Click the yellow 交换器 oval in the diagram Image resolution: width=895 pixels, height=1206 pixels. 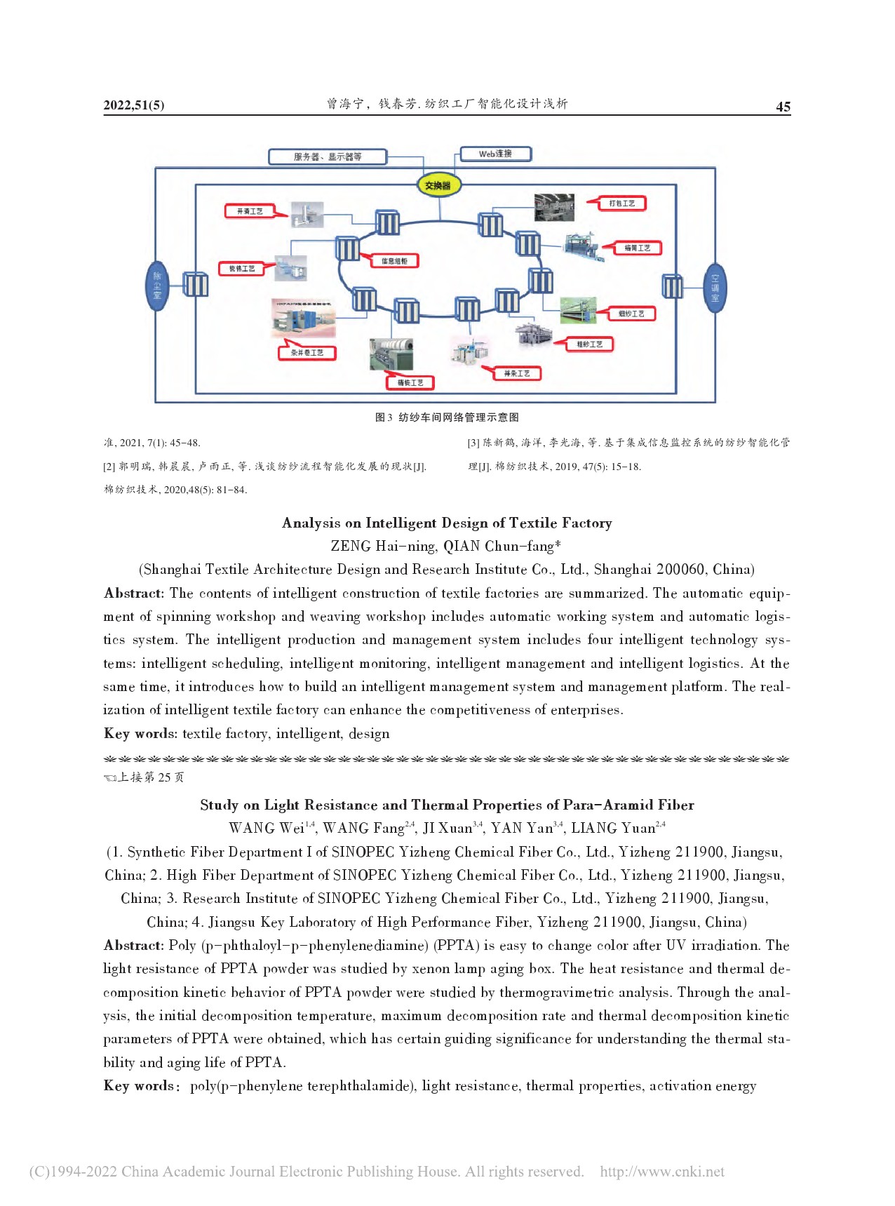pyautogui.click(x=438, y=185)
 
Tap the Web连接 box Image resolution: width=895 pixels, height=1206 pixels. pyautogui.click(x=495, y=154)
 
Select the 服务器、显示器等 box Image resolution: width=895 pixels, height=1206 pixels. pyautogui.click(x=328, y=156)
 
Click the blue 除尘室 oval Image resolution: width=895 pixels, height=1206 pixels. pyautogui.click(x=157, y=286)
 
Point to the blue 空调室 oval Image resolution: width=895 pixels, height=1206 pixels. pyautogui.click(x=715, y=287)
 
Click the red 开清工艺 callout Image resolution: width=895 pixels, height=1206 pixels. pyautogui.click(x=250, y=211)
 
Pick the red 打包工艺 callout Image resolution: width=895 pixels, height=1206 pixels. pyautogui.click(x=621, y=203)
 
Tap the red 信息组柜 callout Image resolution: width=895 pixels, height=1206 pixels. pyautogui.click(x=394, y=261)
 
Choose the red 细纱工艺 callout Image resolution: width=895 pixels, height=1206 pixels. pyautogui.click(x=631, y=314)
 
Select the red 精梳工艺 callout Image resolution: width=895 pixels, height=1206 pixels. pyautogui.click(x=410, y=382)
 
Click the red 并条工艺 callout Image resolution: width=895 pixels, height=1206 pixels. pyautogui.click(x=517, y=373)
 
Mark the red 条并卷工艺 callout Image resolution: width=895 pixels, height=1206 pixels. pyautogui.click(x=307, y=352)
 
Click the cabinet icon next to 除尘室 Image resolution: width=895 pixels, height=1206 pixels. pyautogui.click(x=196, y=285)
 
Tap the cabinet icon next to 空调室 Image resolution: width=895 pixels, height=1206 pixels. pyautogui.click(x=672, y=286)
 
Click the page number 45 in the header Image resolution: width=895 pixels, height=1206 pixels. pyautogui.click(x=783, y=107)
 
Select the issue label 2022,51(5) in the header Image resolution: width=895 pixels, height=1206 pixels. pyautogui.click(x=134, y=105)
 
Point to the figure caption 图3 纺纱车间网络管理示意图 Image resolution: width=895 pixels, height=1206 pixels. pyautogui.click(x=447, y=417)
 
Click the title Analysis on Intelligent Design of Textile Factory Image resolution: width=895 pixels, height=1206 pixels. pyautogui.click(x=447, y=523)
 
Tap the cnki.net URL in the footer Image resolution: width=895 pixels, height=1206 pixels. pyautogui.click(x=662, y=1172)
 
